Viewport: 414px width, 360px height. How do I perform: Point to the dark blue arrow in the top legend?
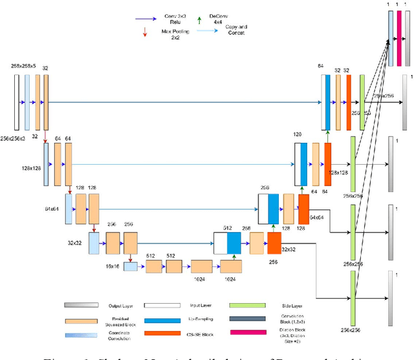tap(149, 19)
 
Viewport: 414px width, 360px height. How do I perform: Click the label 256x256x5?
tap(25, 67)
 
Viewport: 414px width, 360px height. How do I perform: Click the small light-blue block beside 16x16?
tap(131, 266)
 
